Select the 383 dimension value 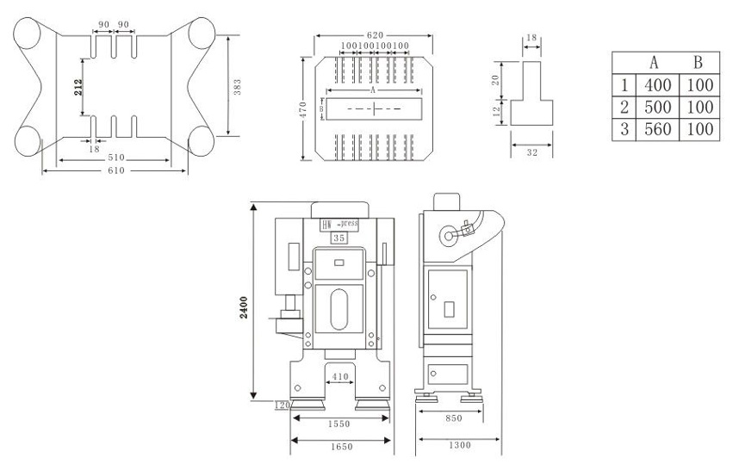pyautogui.click(x=238, y=86)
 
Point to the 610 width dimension pyautogui.click(x=115, y=170)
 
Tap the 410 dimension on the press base pyautogui.click(x=340, y=376)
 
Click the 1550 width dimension pyautogui.click(x=340, y=425)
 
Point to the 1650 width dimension pyautogui.click(x=340, y=447)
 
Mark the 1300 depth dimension pyautogui.click(x=459, y=447)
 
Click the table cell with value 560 pyautogui.click(x=656, y=130)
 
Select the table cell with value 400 pyautogui.click(x=656, y=85)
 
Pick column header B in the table pyautogui.click(x=698, y=63)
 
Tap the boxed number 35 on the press pyautogui.click(x=340, y=237)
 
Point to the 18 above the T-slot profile pyautogui.click(x=531, y=39)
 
